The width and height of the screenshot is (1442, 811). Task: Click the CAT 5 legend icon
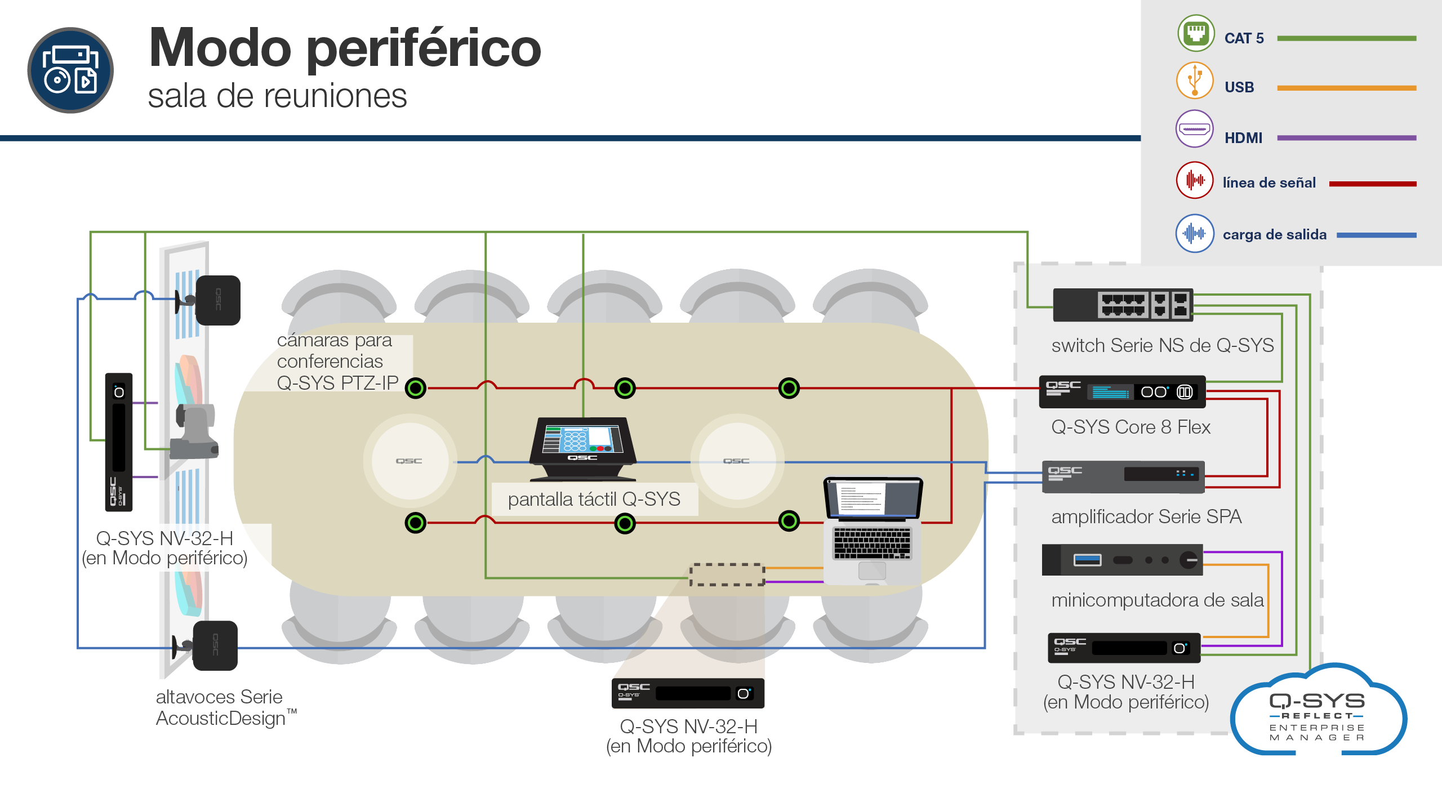(x=1195, y=33)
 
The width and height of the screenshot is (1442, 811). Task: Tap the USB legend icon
(x=1195, y=81)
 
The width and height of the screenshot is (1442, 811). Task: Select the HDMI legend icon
(x=1195, y=129)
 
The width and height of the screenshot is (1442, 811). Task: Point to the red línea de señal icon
(x=1195, y=180)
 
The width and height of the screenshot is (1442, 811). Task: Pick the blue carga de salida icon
(x=1195, y=233)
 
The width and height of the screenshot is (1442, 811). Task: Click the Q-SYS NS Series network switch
(x=1123, y=305)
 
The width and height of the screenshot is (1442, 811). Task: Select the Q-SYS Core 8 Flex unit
(x=1122, y=392)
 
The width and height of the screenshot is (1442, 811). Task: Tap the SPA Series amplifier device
(x=1123, y=476)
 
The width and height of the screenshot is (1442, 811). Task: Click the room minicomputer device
(x=1122, y=560)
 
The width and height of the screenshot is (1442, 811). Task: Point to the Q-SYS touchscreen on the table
(x=583, y=449)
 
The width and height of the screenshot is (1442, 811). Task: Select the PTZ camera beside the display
(x=195, y=431)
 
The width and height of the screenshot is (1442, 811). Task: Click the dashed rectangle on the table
(x=727, y=574)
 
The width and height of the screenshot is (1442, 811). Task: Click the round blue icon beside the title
(x=70, y=70)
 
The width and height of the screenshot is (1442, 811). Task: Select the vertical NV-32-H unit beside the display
(x=119, y=442)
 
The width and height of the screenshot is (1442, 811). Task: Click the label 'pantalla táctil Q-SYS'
(x=594, y=499)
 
